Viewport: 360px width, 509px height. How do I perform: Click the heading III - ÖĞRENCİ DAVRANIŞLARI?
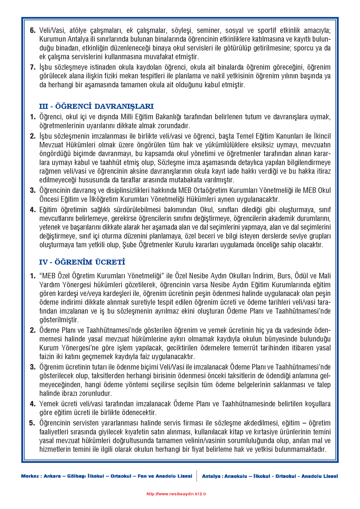tap(96, 106)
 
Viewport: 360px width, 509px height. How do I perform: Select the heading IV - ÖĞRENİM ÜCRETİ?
tap(82, 262)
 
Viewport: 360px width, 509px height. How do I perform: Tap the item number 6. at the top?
tap(33, 30)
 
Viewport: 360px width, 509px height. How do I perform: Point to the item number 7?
tap(33, 67)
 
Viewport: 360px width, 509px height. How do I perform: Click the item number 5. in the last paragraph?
tap(32, 423)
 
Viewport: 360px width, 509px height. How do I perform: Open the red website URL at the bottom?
tap(176, 494)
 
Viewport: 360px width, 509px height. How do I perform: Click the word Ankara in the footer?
tap(52, 476)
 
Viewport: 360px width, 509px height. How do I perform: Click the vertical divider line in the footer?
tap(197, 476)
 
